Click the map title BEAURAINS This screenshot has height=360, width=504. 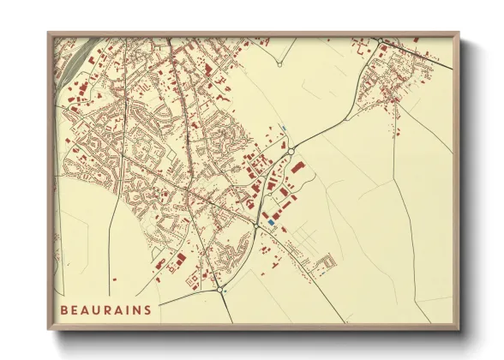coord(106,309)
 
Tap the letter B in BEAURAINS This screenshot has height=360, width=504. coord(63,309)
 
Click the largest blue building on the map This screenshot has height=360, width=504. coord(271,222)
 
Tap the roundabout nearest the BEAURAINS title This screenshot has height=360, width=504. coord(222,290)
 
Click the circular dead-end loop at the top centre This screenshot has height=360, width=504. coord(279,63)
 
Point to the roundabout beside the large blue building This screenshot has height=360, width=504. coord(258,225)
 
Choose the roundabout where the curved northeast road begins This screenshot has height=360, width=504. coord(291,151)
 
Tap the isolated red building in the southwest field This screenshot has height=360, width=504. coord(159,279)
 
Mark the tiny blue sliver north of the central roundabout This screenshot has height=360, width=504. coord(284,130)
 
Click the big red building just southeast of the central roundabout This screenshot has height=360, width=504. coord(297,168)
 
